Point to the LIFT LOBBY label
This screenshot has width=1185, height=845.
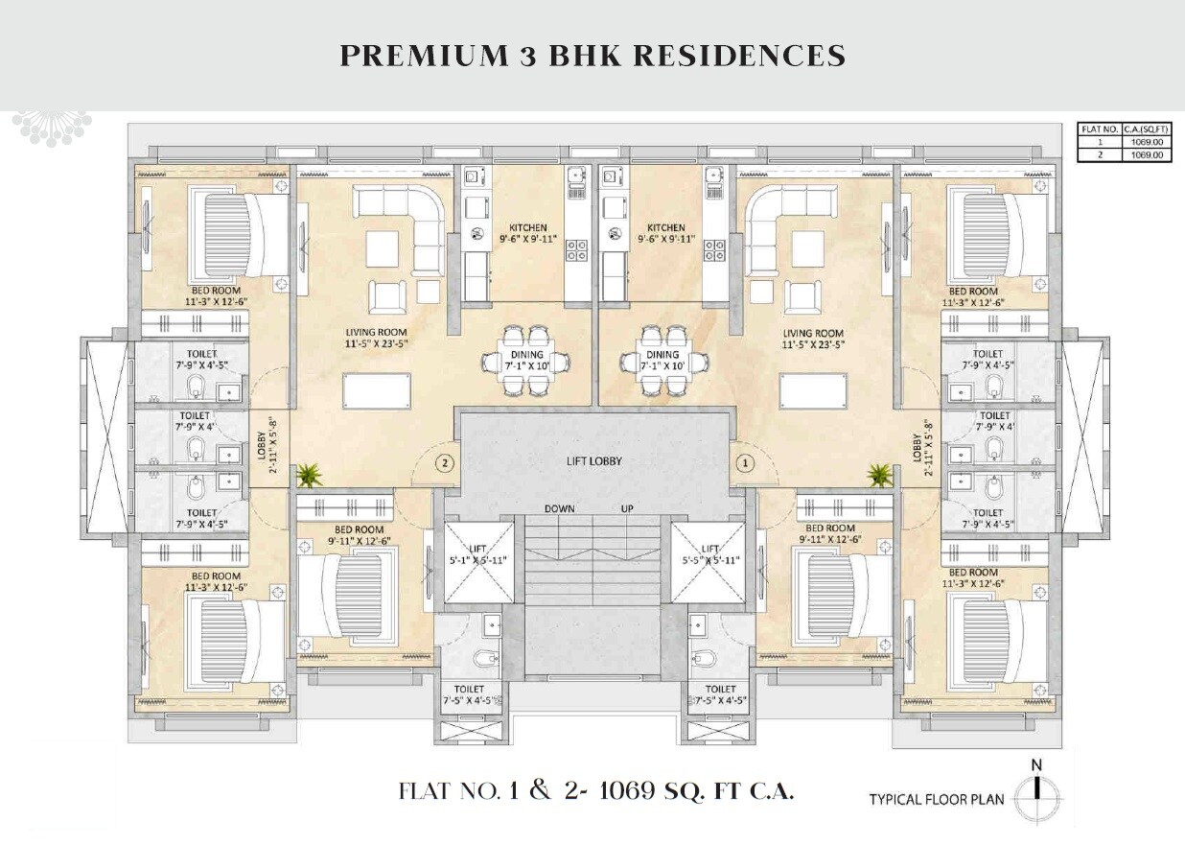593,461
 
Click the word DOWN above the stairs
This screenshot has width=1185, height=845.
560,508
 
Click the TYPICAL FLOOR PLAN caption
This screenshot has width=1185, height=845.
938,799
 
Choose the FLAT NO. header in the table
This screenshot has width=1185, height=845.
1099,129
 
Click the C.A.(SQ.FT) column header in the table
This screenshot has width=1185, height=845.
1146,129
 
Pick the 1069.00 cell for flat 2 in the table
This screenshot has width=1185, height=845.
1146,153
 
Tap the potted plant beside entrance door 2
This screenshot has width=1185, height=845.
309,474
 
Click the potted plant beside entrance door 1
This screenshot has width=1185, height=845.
877,474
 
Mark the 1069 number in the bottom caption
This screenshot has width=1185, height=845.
628,791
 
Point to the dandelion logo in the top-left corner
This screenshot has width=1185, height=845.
51,129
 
